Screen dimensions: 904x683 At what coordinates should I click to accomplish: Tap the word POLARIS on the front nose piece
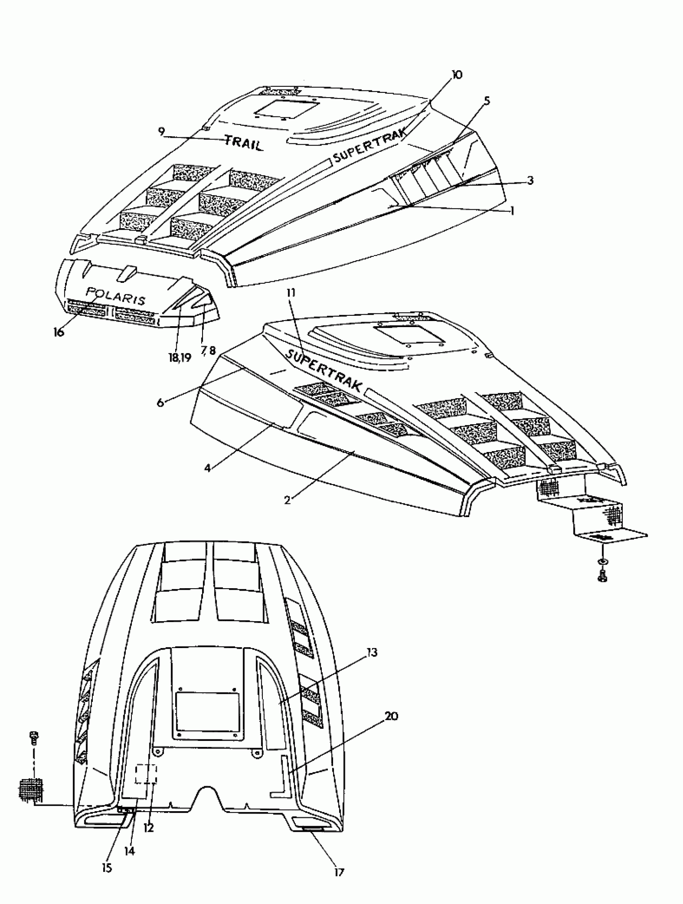tap(116, 296)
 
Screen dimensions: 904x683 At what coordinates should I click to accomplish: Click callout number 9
tap(162, 132)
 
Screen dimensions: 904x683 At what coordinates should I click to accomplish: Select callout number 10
tap(456, 75)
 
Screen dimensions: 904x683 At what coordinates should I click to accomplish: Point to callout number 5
tap(487, 101)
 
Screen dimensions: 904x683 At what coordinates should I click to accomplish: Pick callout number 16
tap(59, 332)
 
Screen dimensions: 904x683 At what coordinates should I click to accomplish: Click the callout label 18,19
tap(180, 358)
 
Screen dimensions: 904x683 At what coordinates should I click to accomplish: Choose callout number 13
tap(372, 652)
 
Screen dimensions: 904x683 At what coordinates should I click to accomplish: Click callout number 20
tap(391, 716)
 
